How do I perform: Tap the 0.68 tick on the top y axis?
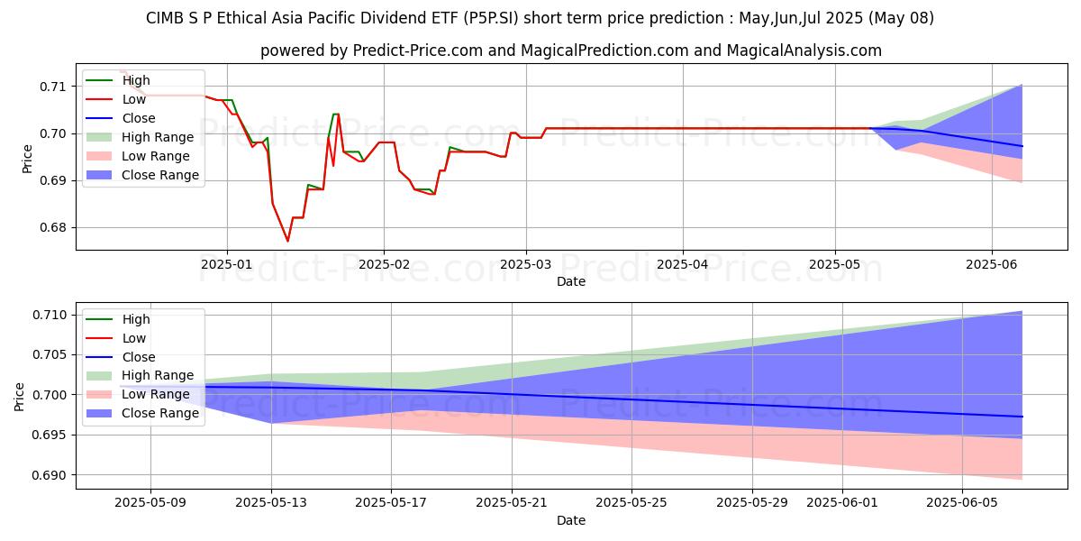[53, 228]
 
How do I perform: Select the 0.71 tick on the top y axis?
[53, 87]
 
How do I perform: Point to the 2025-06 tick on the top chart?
[992, 265]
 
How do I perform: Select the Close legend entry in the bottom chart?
[139, 357]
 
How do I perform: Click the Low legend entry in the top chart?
[133, 99]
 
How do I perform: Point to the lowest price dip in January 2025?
[288, 241]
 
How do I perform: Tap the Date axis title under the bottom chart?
[571, 520]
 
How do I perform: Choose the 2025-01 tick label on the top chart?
[227, 265]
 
